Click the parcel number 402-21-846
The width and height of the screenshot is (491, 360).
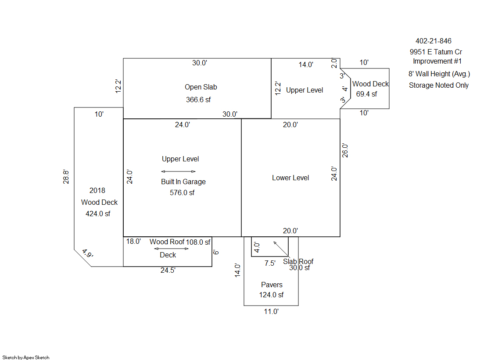(434, 41)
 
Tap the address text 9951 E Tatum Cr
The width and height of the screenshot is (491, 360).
(436, 52)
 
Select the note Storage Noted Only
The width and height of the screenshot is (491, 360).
(439, 85)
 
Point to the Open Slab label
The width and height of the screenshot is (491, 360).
(201, 87)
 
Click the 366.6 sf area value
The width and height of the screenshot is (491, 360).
(198, 100)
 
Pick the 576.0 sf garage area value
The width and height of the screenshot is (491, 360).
(182, 192)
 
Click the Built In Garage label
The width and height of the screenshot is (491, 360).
(183, 182)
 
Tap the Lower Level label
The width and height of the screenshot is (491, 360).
(290, 178)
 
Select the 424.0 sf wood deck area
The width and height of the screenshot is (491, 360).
(98, 214)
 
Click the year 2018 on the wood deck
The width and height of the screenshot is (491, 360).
(97, 190)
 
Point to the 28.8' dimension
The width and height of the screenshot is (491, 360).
(66, 177)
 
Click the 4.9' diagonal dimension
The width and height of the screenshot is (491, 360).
(87, 253)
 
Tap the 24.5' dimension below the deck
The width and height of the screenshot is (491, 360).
(168, 270)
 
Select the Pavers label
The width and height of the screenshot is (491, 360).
(272, 285)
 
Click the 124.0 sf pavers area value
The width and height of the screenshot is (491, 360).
(271, 295)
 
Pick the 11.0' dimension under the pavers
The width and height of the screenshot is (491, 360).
(271, 311)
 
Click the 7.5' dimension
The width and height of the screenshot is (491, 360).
(270, 263)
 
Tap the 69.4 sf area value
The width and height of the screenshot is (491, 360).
(366, 94)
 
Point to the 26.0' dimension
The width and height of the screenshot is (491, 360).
(345, 150)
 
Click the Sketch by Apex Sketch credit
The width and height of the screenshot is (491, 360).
(26, 357)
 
